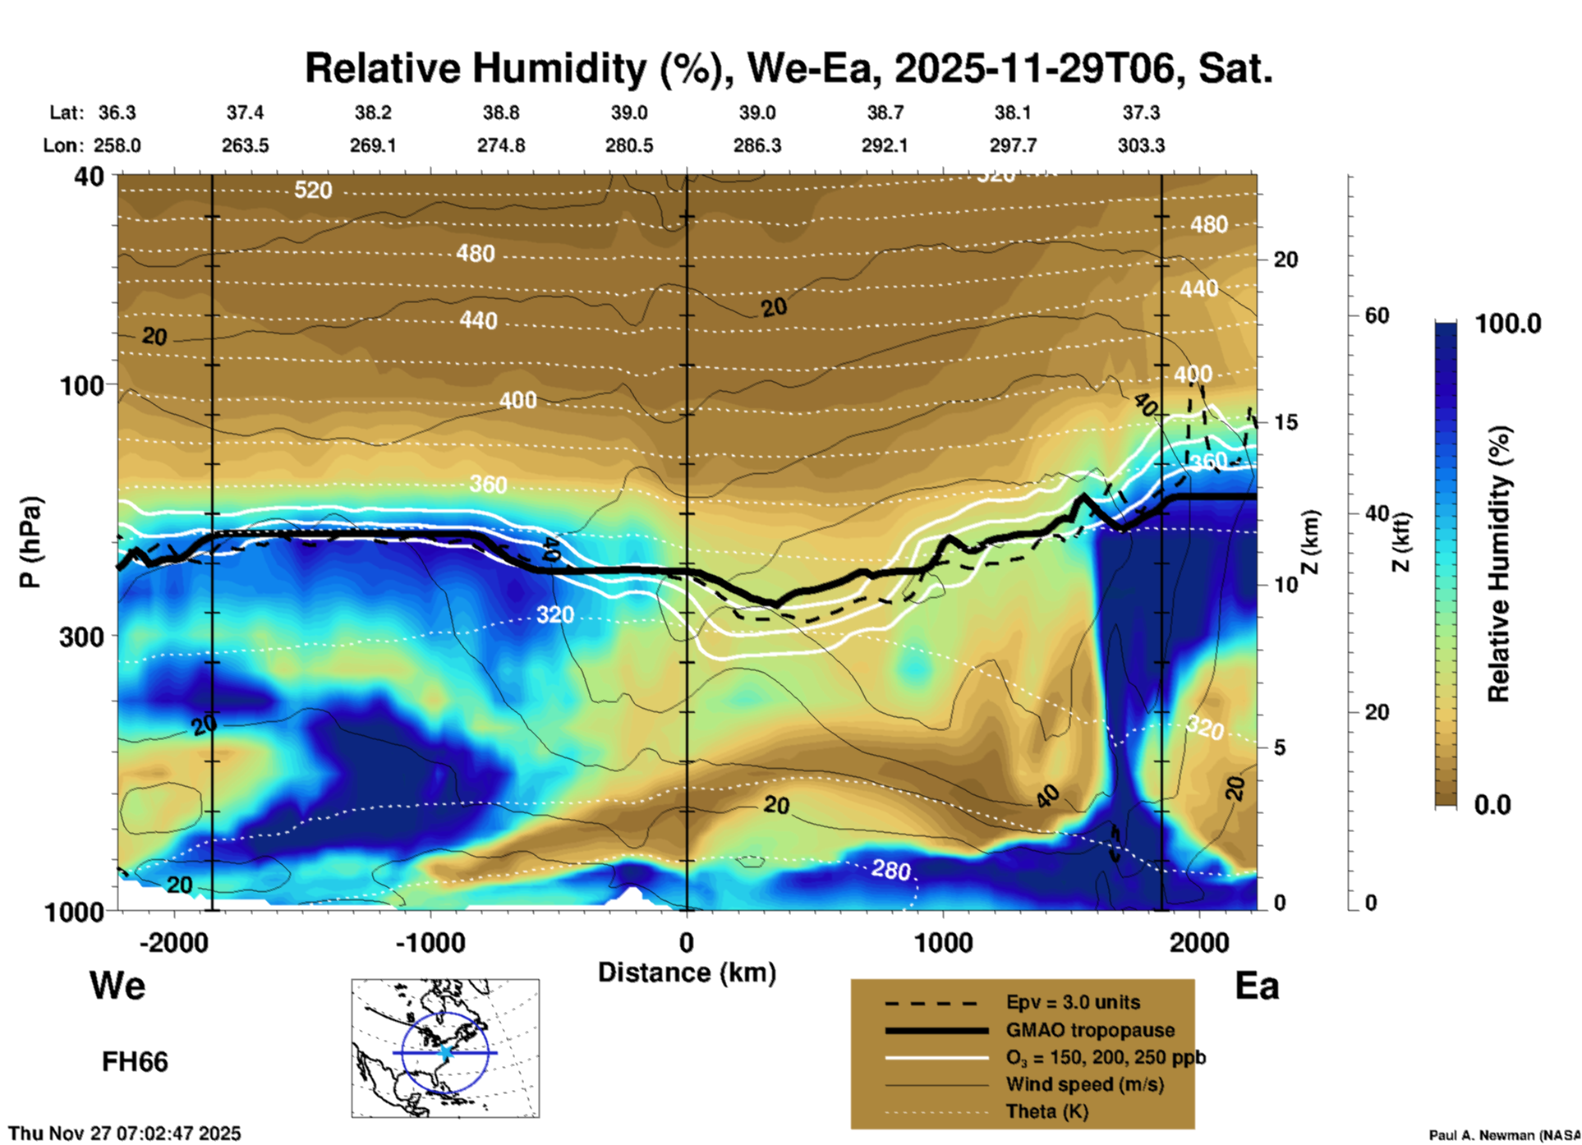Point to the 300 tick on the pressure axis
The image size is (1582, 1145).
tap(81, 636)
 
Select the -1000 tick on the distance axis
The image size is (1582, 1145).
tap(430, 942)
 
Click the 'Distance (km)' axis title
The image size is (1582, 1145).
tap(687, 973)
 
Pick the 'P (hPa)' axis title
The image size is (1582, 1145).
tap(30, 542)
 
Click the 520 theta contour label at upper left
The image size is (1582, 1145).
tap(313, 191)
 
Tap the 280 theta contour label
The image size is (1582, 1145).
tap(891, 869)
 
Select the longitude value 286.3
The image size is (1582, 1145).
tap(757, 145)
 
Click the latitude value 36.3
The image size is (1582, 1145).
tap(117, 113)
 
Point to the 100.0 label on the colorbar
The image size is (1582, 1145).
tap(1508, 324)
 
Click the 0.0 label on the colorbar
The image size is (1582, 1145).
tap(1492, 804)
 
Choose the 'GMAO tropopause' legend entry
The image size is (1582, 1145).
tap(1090, 1030)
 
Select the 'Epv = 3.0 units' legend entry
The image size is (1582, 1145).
tap(1073, 1003)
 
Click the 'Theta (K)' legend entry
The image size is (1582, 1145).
tap(1046, 1111)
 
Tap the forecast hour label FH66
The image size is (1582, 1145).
tap(135, 1062)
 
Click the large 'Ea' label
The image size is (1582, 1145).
tap(1257, 986)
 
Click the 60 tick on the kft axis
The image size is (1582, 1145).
tap(1377, 315)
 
